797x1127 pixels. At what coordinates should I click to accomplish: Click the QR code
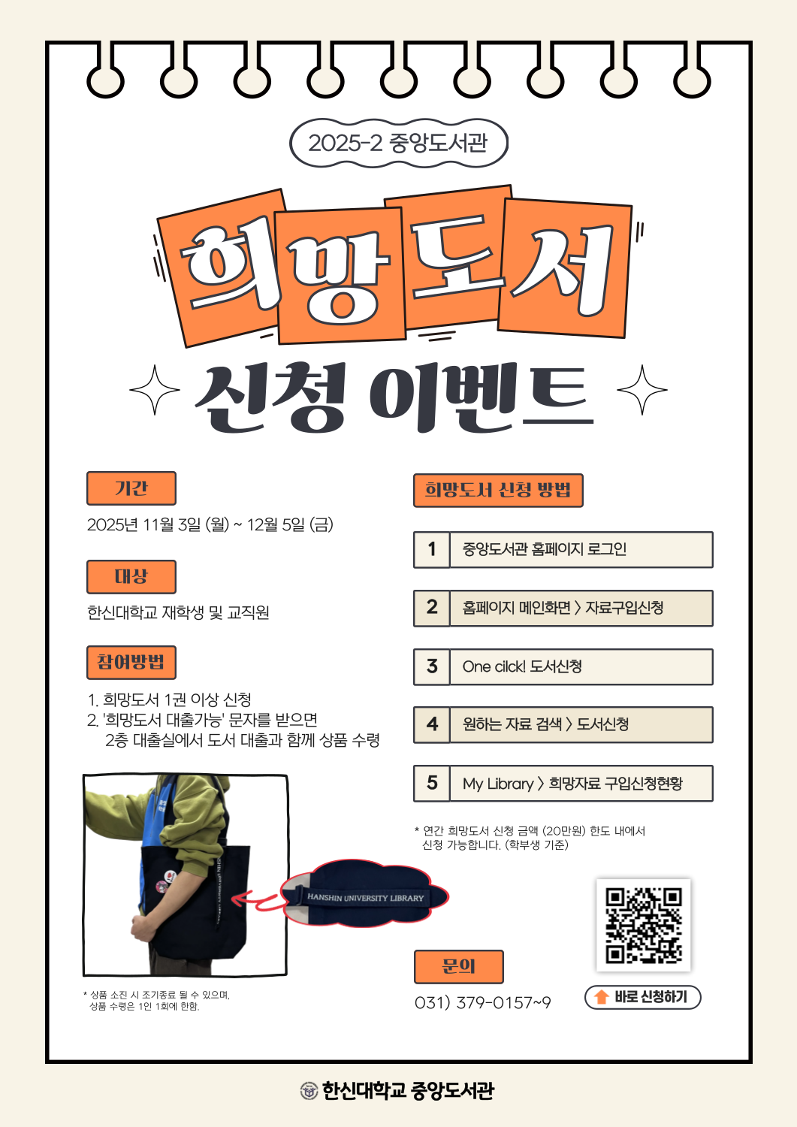[x=643, y=926]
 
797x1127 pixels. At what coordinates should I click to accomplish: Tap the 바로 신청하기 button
[x=642, y=997]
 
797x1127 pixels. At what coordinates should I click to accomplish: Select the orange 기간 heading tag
[x=131, y=488]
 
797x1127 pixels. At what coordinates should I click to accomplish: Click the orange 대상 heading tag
[x=131, y=576]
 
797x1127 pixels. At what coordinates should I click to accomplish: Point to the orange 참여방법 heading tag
[x=131, y=662]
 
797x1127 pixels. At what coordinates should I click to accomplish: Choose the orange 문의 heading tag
[x=458, y=966]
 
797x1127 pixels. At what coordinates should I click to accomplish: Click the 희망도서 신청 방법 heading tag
[x=498, y=490]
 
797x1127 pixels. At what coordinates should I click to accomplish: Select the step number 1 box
[x=432, y=549]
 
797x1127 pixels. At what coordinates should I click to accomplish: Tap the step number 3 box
[x=432, y=666]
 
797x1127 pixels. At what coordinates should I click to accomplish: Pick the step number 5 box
[x=432, y=784]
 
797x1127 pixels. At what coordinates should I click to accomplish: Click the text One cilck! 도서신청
[x=522, y=666]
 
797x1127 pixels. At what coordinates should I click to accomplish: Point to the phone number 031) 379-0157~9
[x=482, y=1003]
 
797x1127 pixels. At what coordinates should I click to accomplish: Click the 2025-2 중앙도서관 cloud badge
[x=398, y=144]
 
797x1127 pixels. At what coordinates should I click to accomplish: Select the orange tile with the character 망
[x=340, y=276]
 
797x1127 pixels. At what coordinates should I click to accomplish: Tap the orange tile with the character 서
[x=565, y=268]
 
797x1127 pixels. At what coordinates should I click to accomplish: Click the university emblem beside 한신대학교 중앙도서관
[x=309, y=1090]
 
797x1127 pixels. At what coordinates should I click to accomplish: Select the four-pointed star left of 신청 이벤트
[x=155, y=390]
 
